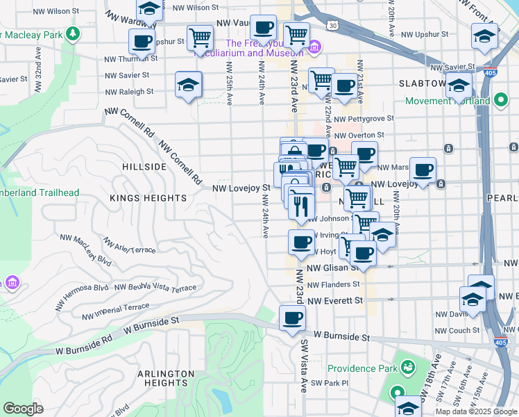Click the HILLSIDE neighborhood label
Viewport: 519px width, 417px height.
(144, 167)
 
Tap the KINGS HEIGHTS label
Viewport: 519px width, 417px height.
(148, 198)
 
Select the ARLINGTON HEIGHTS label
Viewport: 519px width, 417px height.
(165, 379)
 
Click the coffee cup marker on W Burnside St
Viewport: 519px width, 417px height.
(292, 318)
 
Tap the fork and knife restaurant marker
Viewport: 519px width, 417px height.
(301, 206)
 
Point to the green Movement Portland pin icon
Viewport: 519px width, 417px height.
(501, 101)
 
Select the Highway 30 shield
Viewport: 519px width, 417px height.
(334, 26)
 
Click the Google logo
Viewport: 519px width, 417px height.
(23, 408)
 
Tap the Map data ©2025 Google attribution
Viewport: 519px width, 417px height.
(475, 411)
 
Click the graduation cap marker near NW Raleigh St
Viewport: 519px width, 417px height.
(188, 85)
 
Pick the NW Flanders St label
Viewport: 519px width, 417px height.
(334, 284)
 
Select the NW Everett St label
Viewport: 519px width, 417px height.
(336, 301)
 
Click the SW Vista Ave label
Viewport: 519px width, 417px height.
(303, 365)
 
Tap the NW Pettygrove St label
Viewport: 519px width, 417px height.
(364, 119)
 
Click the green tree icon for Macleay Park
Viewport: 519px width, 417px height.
(72, 33)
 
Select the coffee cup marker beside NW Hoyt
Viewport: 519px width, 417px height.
(301, 243)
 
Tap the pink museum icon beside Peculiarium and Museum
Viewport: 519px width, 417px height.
(314, 47)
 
